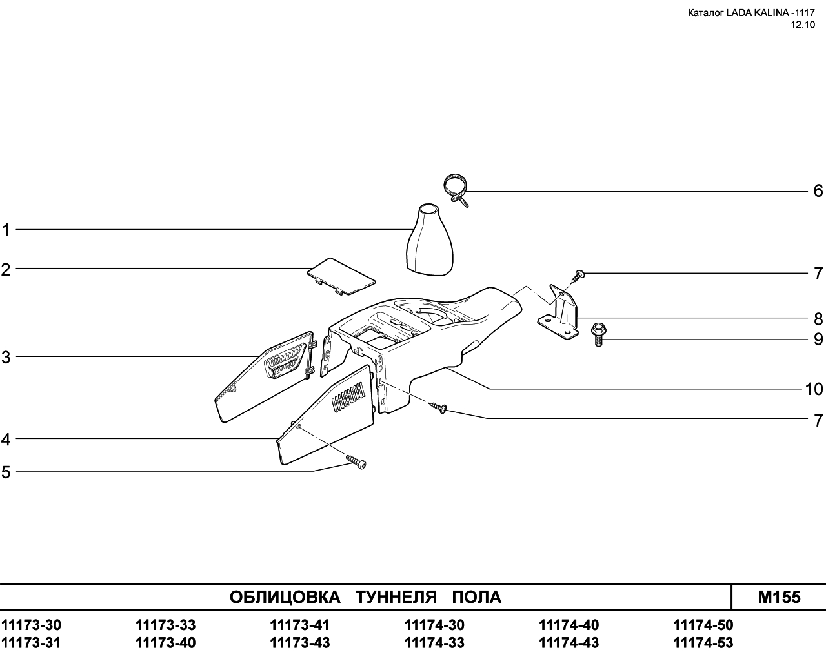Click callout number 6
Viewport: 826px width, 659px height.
[818, 191]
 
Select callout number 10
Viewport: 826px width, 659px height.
[814, 389]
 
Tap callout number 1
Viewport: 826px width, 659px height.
[6, 230]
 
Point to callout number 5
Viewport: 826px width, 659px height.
[6, 472]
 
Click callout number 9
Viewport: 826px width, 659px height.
[818, 340]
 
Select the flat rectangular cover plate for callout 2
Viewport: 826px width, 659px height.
[341, 282]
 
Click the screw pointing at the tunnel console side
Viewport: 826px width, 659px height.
[438, 407]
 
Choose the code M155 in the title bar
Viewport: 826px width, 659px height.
[779, 598]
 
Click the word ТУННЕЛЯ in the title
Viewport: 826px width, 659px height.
[396, 598]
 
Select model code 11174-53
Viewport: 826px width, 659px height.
[703, 643]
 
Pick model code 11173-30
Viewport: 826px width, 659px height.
[31, 625]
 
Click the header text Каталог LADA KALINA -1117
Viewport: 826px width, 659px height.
[751, 13]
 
